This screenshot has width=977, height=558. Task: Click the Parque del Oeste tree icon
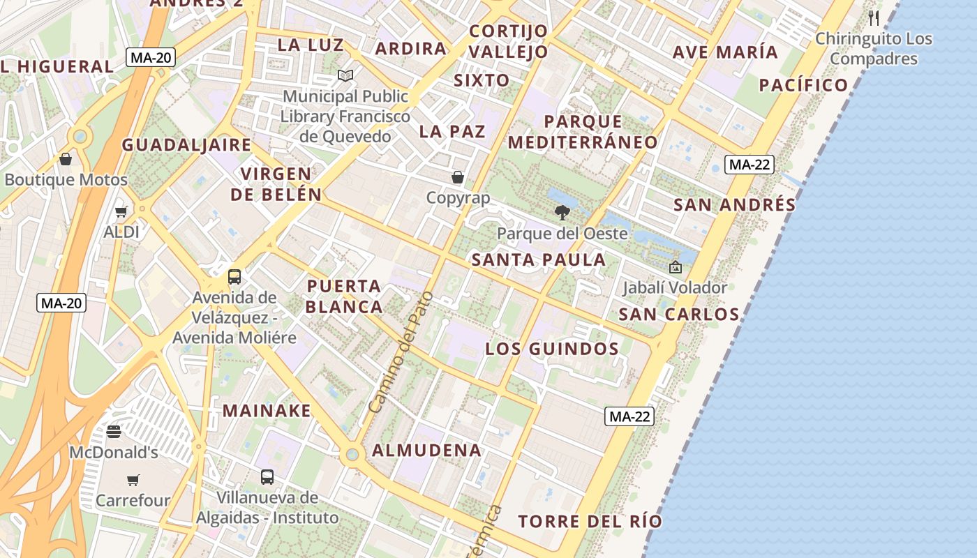(562, 212)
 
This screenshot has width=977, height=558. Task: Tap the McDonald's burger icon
(114, 432)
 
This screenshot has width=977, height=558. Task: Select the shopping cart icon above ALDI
(121, 211)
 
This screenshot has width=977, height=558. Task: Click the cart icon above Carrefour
(133, 480)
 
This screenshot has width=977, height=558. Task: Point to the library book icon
(345, 75)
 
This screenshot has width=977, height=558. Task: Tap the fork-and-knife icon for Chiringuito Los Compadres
(874, 17)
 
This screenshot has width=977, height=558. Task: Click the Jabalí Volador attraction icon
(675, 266)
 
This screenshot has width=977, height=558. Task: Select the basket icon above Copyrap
(458, 177)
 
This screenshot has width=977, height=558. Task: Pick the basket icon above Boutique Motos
(66, 159)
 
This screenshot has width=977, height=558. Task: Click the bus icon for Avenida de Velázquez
(234, 276)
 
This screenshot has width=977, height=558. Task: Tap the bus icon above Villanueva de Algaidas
(267, 477)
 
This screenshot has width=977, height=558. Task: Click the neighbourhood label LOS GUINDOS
(552, 349)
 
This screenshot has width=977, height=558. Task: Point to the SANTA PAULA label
(539, 260)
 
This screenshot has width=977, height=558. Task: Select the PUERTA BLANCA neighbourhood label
(344, 296)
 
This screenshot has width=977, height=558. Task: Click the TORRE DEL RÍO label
(590, 522)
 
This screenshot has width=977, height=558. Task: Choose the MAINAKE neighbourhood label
(267, 411)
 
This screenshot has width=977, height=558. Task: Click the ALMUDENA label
(426, 451)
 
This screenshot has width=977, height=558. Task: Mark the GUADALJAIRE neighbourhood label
(186, 145)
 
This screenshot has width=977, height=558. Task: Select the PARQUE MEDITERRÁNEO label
(583, 132)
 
